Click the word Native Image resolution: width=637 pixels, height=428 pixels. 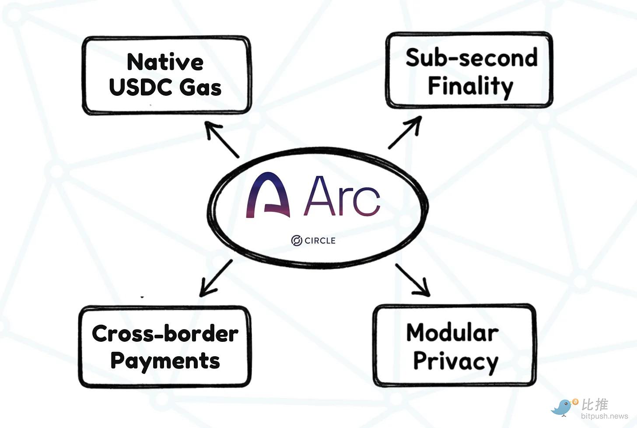(x=165, y=62)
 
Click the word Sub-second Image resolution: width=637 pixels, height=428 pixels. (x=471, y=58)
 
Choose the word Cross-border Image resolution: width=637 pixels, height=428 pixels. (x=165, y=334)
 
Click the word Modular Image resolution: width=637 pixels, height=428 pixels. (x=452, y=333)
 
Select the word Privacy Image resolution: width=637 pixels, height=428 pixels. (x=455, y=361)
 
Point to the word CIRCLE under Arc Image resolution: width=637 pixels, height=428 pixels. (x=320, y=241)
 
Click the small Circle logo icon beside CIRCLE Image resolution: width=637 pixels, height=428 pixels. (x=297, y=240)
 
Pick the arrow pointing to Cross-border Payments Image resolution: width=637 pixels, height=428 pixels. (x=216, y=278)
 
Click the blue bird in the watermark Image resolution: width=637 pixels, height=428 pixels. (x=563, y=407)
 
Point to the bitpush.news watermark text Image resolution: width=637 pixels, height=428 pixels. (x=604, y=416)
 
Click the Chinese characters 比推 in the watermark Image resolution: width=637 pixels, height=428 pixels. (x=595, y=404)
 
